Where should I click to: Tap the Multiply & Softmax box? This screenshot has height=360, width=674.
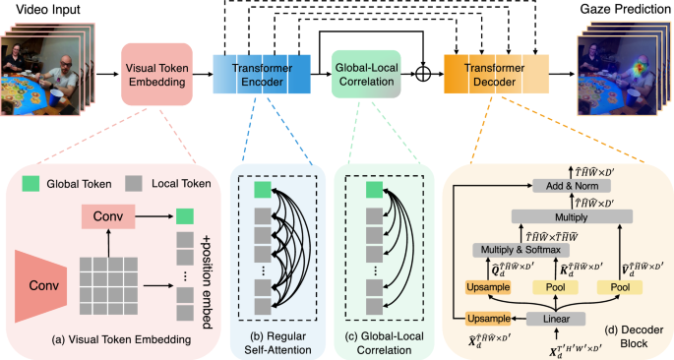[517, 249]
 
